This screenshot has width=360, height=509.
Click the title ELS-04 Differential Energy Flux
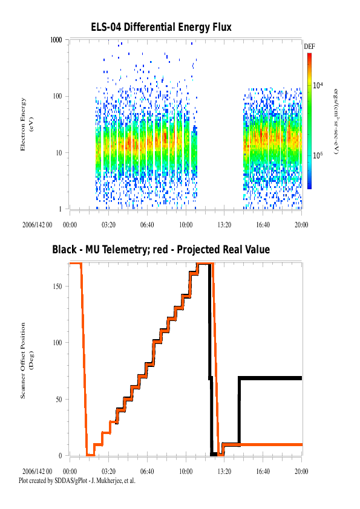point(161,27)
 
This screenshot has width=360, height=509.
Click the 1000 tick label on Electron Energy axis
point(56,40)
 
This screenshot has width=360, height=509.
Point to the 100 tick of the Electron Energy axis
point(57,96)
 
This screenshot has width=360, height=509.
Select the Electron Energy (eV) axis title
point(27,125)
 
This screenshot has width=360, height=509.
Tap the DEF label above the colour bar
point(309,47)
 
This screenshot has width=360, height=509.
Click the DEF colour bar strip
point(309,121)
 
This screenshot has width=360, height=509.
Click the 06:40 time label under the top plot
point(147,225)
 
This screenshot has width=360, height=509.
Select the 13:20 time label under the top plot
point(224,225)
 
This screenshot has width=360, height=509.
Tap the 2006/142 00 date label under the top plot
point(37,225)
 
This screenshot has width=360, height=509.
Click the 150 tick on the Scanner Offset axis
point(57,287)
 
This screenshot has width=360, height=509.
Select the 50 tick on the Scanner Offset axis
point(59,399)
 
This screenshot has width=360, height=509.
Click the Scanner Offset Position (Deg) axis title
point(27,360)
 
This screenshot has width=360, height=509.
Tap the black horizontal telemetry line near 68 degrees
point(270,378)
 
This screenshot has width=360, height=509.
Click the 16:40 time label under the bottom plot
point(263,472)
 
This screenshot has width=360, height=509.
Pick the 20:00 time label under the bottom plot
point(301,472)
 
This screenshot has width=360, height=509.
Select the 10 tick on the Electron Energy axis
point(59,152)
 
